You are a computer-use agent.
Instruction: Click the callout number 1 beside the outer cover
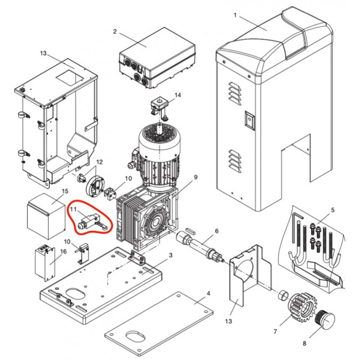(235, 15)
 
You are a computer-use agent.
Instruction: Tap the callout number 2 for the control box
(115, 31)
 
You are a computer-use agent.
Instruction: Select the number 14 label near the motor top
(178, 95)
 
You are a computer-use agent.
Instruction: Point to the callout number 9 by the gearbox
(196, 177)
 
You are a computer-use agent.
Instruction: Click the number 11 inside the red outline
(73, 209)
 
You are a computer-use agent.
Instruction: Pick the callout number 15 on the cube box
(65, 191)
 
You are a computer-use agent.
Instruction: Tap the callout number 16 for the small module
(63, 252)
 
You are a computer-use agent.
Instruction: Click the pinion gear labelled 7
(302, 307)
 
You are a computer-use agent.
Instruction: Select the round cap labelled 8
(325, 320)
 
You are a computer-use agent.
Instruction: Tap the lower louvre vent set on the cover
(235, 162)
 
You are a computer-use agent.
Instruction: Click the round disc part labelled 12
(95, 186)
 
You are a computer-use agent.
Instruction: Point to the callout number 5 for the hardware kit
(333, 210)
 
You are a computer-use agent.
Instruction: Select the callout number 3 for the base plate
(171, 255)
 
